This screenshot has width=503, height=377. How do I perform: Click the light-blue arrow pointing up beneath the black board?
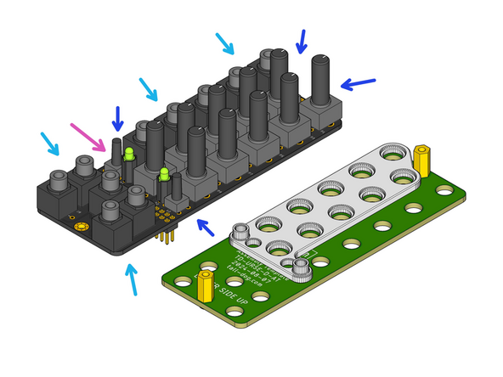pos(132,280)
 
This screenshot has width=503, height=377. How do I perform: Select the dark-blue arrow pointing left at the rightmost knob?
pos(357,83)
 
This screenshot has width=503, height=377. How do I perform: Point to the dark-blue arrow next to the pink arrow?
pos(117,118)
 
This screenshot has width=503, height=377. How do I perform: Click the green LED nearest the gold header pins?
pos(163,175)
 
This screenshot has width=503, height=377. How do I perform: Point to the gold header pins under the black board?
pos(167,233)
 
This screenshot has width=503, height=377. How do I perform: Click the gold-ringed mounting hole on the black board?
pos(81,228)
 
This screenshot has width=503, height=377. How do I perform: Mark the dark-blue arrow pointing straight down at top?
pos(301,40)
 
